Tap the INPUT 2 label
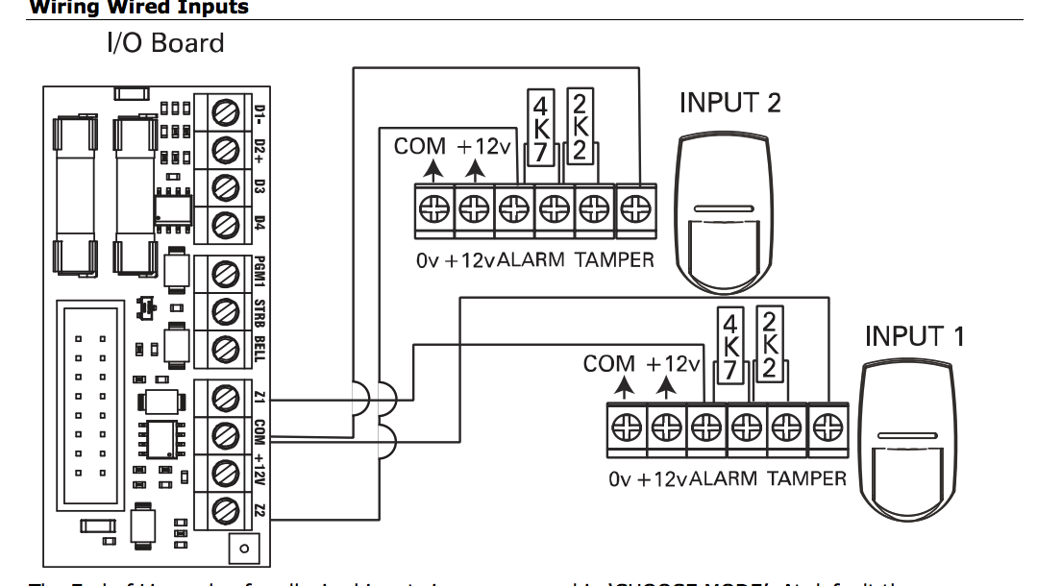[x=729, y=103]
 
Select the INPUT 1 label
[x=915, y=337]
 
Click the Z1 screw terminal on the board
[x=225, y=396]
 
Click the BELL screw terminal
[x=225, y=347]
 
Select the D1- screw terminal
[x=225, y=111]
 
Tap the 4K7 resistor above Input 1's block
[x=729, y=346]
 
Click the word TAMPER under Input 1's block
[x=806, y=478]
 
